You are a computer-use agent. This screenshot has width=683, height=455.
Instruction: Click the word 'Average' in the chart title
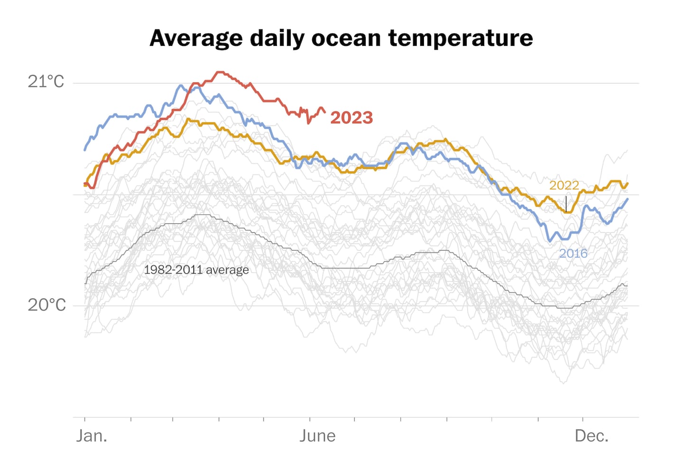point(196,38)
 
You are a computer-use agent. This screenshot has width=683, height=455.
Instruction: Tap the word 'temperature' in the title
point(461,38)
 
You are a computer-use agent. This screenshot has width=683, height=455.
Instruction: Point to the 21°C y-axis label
point(46,82)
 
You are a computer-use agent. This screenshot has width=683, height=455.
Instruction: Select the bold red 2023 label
point(351,118)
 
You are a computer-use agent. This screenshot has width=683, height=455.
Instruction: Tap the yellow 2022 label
point(564,185)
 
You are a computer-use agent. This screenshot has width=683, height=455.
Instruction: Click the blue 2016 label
point(573,254)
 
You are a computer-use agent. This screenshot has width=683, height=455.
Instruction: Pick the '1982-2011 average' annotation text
point(196,270)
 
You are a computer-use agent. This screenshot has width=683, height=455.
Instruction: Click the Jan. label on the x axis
point(92,436)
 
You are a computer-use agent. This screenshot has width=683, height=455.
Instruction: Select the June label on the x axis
point(317,436)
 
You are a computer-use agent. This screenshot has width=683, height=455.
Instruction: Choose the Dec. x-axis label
point(591,436)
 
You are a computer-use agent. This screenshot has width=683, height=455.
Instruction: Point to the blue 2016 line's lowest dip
point(550,241)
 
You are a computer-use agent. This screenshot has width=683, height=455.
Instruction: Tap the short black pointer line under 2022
point(566,204)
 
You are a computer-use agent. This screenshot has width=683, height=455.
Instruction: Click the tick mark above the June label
point(310,419)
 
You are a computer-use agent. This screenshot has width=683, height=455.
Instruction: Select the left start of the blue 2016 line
point(85,150)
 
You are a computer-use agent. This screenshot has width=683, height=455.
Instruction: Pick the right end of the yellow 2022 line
point(628,183)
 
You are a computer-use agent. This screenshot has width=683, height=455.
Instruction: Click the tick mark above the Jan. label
point(85,419)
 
